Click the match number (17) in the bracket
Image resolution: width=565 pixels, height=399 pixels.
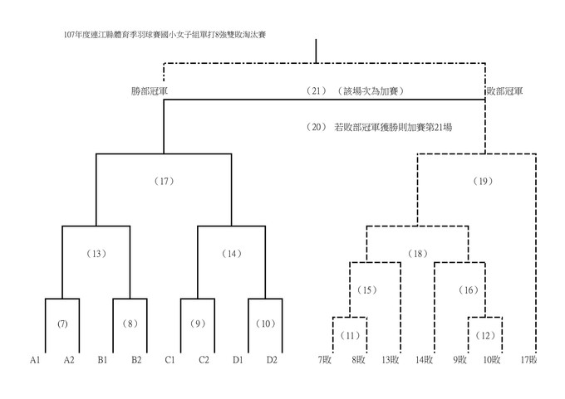point(164,180)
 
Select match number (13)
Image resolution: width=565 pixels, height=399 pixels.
point(96,253)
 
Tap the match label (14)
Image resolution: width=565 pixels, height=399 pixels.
point(231,253)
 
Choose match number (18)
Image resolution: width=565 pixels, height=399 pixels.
point(416,253)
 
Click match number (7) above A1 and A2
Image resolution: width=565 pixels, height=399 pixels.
point(61,323)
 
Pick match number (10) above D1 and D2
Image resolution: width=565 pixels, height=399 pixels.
point(266,323)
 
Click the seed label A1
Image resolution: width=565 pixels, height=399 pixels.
point(35,360)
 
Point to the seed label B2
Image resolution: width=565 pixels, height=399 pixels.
point(136,360)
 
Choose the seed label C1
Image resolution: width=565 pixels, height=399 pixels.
point(170,360)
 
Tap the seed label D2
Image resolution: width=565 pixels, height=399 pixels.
point(272,360)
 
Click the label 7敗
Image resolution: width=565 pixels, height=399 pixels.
point(325,360)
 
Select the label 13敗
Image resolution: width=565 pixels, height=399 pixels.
point(391,360)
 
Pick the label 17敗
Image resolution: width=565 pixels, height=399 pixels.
point(528,360)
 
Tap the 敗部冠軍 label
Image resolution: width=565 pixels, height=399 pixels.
point(504,90)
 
